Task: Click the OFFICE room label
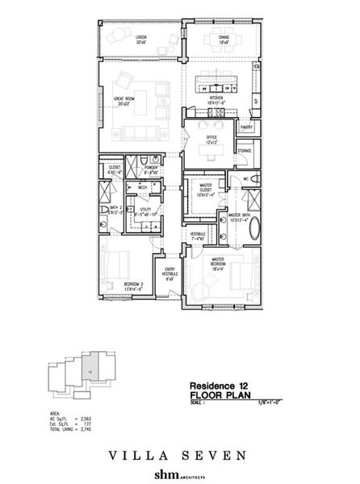[212, 139]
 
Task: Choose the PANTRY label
[247, 127]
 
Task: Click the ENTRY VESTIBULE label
[170, 274]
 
